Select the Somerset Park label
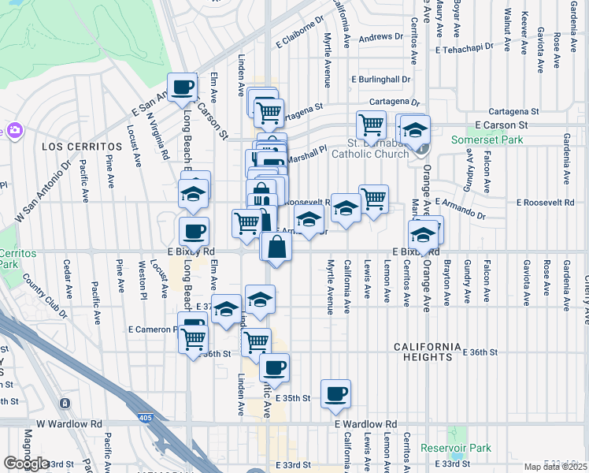pyautogui.click(x=480, y=140)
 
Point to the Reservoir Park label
pyautogui.click(x=456, y=448)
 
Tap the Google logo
pyautogui.click(x=25, y=463)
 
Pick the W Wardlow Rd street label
pyautogui.click(x=75, y=423)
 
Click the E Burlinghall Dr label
pyautogui.click(x=381, y=80)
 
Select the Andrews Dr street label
pyautogui.click(x=381, y=36)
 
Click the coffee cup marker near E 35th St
pyautogui.click(x=335, y=393)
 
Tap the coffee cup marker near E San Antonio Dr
pyautogui.click(x=183, y=88)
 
